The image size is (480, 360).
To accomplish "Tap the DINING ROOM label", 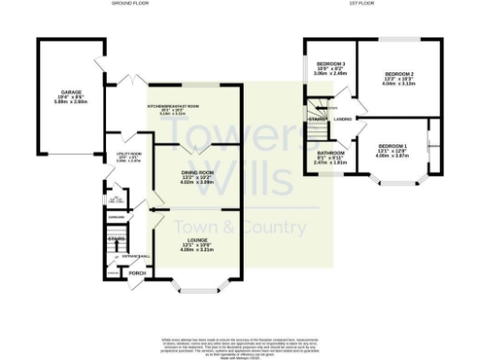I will coord(198,173).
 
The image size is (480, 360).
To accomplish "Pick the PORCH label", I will coord(137,274).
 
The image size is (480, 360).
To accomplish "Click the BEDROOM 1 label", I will coord(393,146).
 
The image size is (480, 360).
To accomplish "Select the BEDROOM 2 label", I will coord(399,73).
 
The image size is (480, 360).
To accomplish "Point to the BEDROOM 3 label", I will coord(332,63).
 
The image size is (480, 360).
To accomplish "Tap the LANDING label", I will coord(343,119).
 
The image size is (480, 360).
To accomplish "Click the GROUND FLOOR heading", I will coord(129,4).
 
